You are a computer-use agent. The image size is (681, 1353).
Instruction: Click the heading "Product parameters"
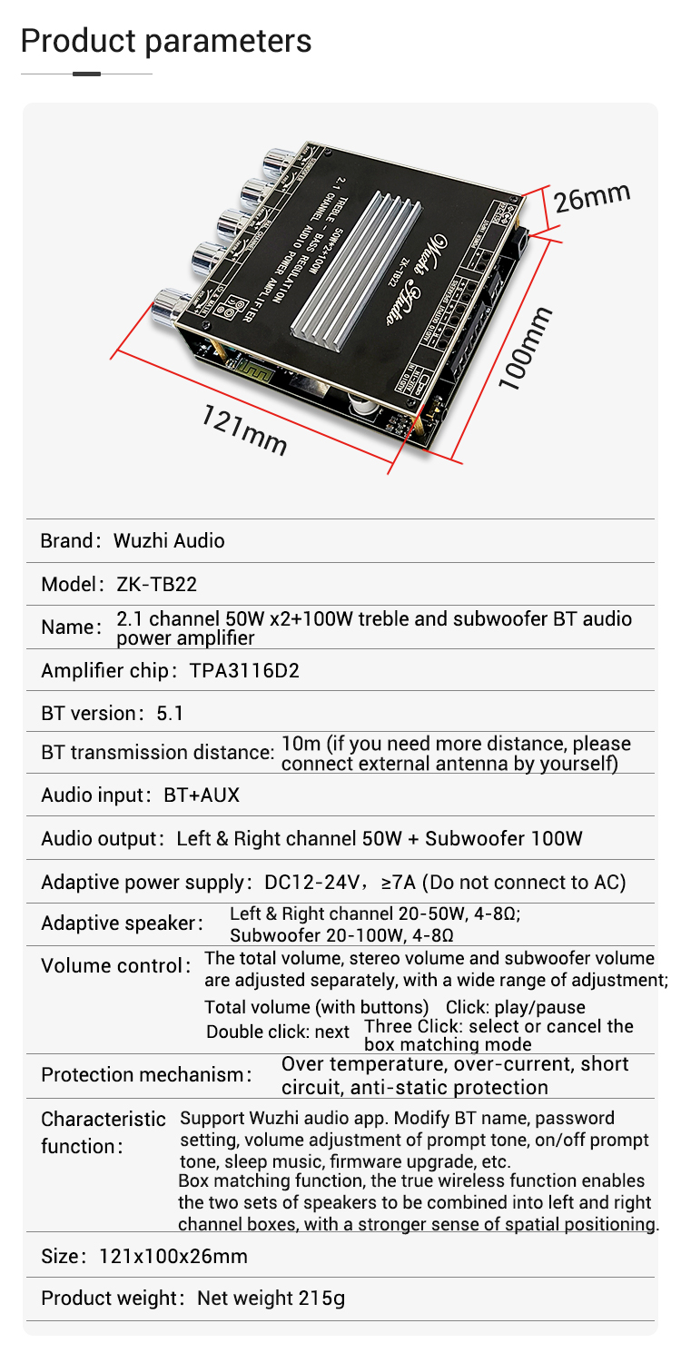(x=165, y=41)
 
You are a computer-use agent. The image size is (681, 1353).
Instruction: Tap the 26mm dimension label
(x=592, y=197)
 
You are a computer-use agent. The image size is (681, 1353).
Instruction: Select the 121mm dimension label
(x=243, y=430)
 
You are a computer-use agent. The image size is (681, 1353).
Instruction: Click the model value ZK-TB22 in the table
(x=156, y=584)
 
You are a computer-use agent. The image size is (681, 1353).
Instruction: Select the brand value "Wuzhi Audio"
(x=169, y=541)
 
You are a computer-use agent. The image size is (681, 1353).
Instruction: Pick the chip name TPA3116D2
(x=244, y=671)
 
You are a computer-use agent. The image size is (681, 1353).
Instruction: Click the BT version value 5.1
(x=170, y=714)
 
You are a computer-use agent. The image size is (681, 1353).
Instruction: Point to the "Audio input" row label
(x=93, y=795)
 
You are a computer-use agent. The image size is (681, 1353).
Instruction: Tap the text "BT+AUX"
(x=202, y=795)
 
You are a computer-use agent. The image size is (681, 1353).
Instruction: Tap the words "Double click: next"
(x=278, y=1032)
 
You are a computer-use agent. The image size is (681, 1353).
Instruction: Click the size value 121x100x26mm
(x=173, y=1257)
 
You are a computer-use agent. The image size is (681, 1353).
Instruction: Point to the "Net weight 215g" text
(x=271, y=1299)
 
